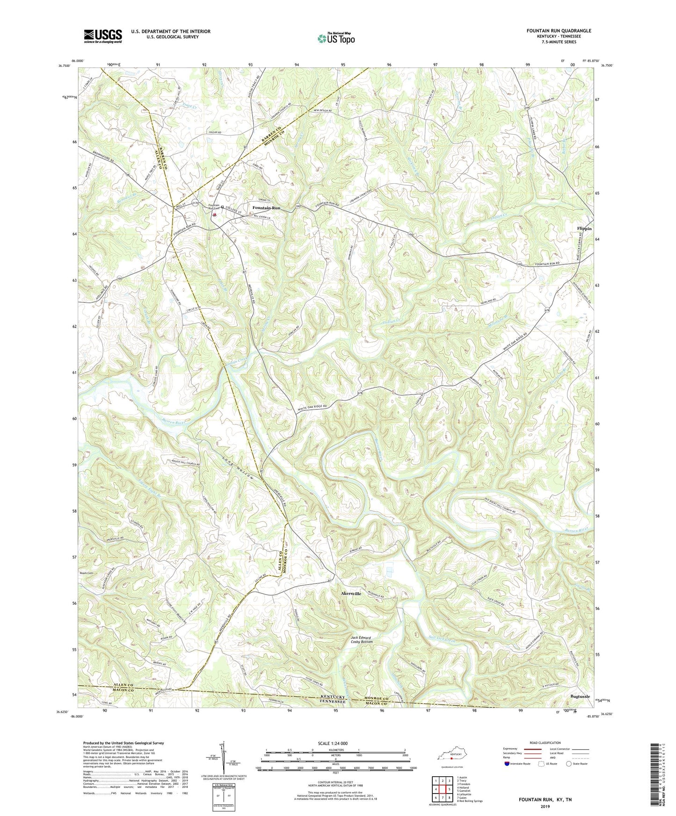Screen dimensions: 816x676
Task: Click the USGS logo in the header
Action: [103, 36]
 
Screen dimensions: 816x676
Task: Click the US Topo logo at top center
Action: [335, 38]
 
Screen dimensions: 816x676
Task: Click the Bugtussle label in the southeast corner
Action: [580, 696]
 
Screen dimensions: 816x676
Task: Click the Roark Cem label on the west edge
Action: [87, 573]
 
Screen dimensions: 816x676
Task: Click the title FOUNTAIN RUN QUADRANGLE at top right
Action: [559, 31]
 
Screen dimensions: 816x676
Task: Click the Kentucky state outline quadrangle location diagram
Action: [451, 757]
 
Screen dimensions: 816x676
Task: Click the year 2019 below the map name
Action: [545, 806]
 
